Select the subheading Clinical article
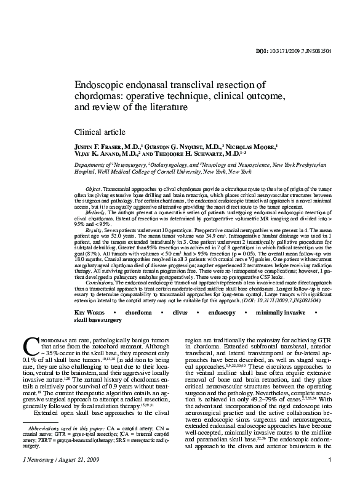tap(100, 132)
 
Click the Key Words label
tap(89, 313)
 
